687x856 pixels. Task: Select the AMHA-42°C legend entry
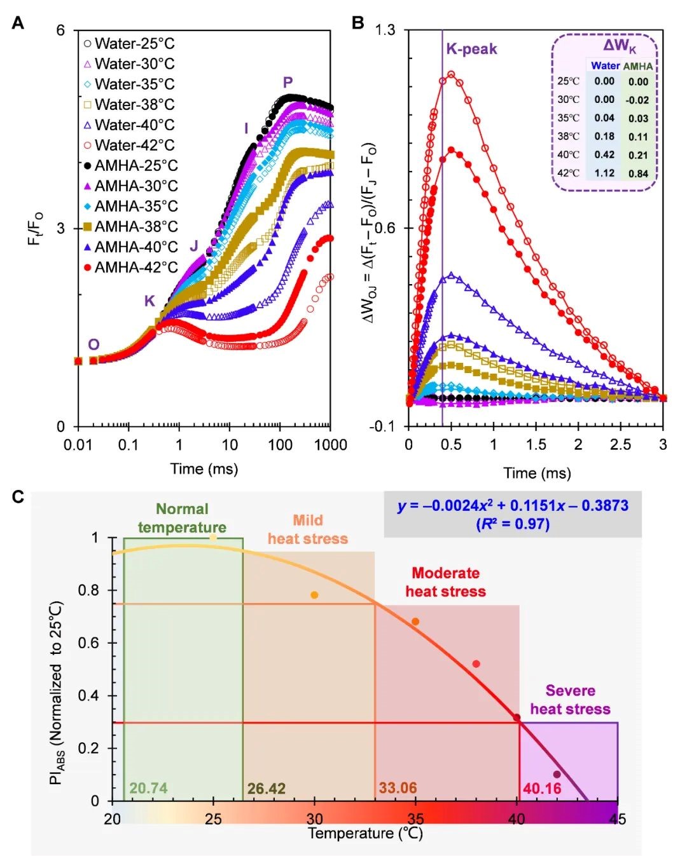[x=130, y=267]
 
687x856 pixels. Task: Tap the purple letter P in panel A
[x=288, y=83]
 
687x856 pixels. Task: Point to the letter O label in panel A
[x=94, y=344]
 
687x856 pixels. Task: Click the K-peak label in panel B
[x=471, y=49]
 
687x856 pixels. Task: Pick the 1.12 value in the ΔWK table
[x=604, y=173]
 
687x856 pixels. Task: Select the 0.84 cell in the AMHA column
[x=638, y=173]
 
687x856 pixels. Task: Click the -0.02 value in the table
[x=637, y=100]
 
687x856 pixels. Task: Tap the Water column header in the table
[x=605, y=65]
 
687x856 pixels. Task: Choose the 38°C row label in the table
[x=568, y=136]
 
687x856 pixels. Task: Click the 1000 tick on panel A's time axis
[x=331, y=445]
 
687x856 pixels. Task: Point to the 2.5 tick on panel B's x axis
[x=620, y=445]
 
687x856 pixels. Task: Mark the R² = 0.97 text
[x=513, y=524]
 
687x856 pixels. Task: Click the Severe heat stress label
[x=570, y=700]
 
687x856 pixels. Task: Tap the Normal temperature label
[x=182, y=518]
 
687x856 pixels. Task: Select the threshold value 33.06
[x=398, y=788]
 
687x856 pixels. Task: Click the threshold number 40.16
[x=542, y=789]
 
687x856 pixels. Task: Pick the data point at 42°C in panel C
[x=557, y=774]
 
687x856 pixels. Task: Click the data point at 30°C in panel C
[x=314, y=595]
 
